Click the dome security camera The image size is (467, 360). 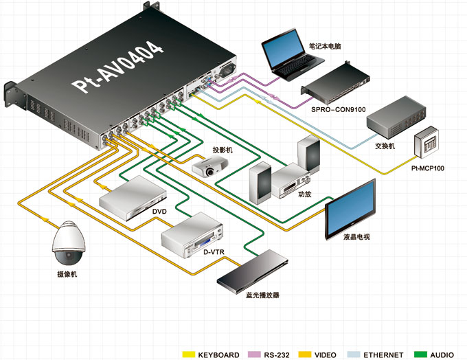coord(69,243)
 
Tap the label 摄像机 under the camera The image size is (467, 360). coord(67,274)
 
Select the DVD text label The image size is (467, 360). coord(159,212)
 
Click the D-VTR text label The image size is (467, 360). coord(214,252)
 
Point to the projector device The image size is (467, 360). coord(209,167)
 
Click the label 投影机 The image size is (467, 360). coord(223,150)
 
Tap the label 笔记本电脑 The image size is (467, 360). coord(325,46)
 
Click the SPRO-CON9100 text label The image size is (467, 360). coord(339,110)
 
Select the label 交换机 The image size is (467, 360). coord(385,146)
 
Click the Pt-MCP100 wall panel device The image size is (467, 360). coord(426,142)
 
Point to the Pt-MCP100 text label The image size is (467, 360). coord(428,168)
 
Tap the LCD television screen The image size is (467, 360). coord(350,209)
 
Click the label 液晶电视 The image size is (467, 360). coord(357,237)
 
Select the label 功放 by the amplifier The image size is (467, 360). coord(305,194)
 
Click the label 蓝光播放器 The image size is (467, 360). coord(262,295)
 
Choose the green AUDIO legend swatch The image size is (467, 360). coord(420,355)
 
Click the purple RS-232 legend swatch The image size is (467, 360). coord(253,355)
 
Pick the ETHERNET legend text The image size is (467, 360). coord(383,355)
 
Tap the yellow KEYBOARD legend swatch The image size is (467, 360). coord(189,355)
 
